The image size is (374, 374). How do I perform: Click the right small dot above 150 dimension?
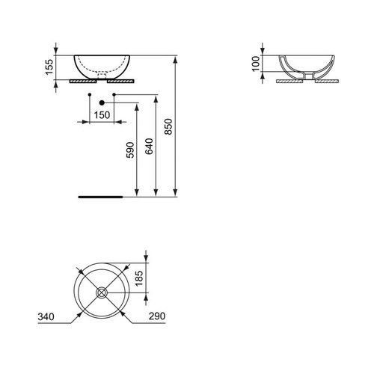point(113,94)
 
